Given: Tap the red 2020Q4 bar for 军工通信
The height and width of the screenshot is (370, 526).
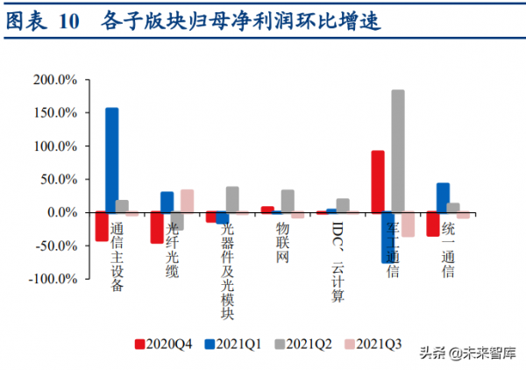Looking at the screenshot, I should click(378, 181).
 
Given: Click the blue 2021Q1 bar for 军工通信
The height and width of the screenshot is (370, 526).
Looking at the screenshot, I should click(387, 238).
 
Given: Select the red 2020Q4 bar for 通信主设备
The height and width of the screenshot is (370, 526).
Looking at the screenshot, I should click(103, 226).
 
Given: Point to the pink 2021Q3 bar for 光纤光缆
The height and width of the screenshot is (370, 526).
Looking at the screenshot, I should click(187, 201).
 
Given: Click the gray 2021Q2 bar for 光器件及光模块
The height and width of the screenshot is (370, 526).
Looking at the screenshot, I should click(232, 199).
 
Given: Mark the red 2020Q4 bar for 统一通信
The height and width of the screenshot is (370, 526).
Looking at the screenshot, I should click(433, 224).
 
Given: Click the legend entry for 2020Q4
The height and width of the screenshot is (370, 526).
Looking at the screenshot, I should click(165, 345).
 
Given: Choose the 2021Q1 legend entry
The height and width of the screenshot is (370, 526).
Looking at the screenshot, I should click(234, 345).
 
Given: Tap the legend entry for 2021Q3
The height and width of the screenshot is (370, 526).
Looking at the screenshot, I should click(371, 345).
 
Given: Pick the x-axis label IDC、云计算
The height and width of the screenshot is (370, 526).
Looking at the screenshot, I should click(338, 259).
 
